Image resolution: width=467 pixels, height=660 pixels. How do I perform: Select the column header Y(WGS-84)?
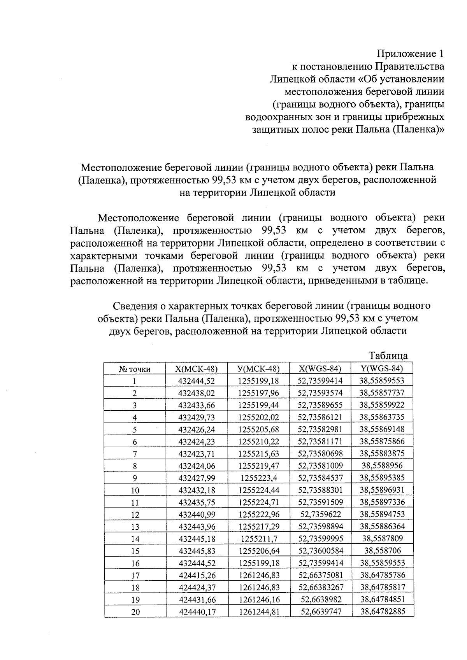tap(382, 368)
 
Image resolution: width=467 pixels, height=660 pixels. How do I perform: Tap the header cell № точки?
tap(135, 369)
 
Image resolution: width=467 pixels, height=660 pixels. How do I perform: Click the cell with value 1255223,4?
tap(258, 478)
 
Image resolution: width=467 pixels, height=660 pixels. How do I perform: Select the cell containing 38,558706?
tap(382, 550)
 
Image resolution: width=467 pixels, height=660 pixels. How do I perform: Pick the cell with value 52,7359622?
tap(320, 514)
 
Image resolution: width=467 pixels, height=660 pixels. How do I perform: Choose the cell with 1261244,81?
tap(259, 611)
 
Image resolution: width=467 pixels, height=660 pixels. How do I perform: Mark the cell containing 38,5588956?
tap(382, 465)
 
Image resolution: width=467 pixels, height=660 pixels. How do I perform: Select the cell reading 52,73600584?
tap(320, 550)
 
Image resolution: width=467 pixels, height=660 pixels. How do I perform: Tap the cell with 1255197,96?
tap(258, 393)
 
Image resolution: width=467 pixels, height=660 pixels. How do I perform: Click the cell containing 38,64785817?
tap(383, 587)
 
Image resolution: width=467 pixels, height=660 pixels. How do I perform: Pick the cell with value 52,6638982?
tap(320, 599)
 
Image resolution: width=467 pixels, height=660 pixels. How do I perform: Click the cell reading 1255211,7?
tap(258, 539)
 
